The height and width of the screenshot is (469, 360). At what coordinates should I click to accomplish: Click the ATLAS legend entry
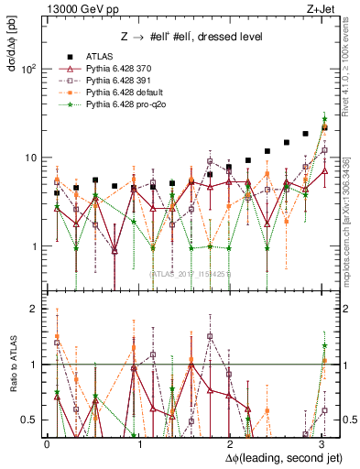[100, 57]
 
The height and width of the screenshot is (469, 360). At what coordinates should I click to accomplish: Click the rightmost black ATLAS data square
[325, 127]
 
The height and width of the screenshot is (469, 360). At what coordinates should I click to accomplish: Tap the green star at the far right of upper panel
[325, 118]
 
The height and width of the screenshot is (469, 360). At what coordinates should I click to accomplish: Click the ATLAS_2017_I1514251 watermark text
[191, 272]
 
